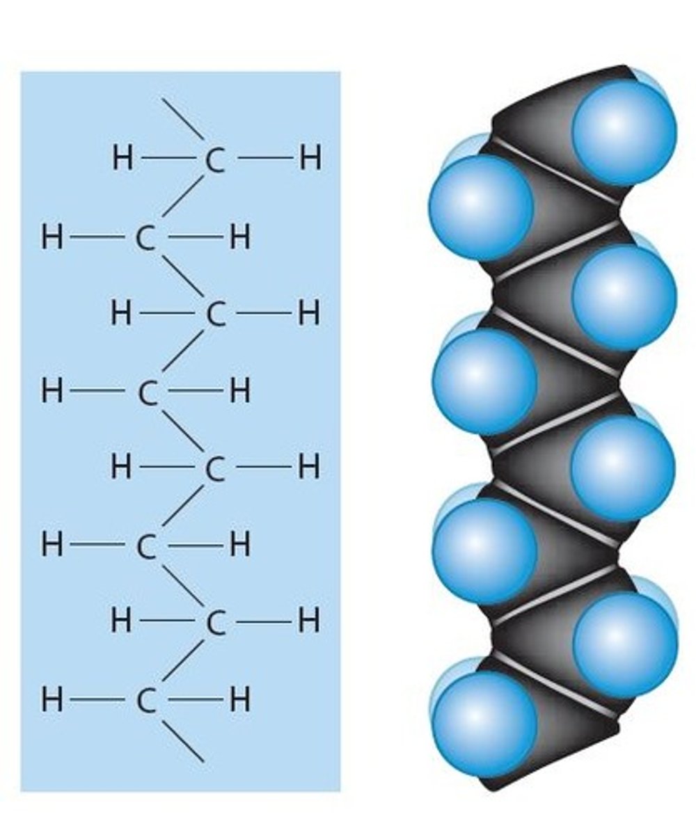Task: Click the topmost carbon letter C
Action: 215,160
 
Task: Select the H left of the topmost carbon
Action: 122,160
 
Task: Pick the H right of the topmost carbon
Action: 310,160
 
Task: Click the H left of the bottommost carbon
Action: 52,700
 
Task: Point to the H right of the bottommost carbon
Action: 239,700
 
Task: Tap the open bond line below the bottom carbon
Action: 184,741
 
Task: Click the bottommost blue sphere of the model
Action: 483,724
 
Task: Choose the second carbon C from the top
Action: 145,238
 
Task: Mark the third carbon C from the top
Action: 215,315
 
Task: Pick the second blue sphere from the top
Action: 481,207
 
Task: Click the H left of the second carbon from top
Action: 52,238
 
